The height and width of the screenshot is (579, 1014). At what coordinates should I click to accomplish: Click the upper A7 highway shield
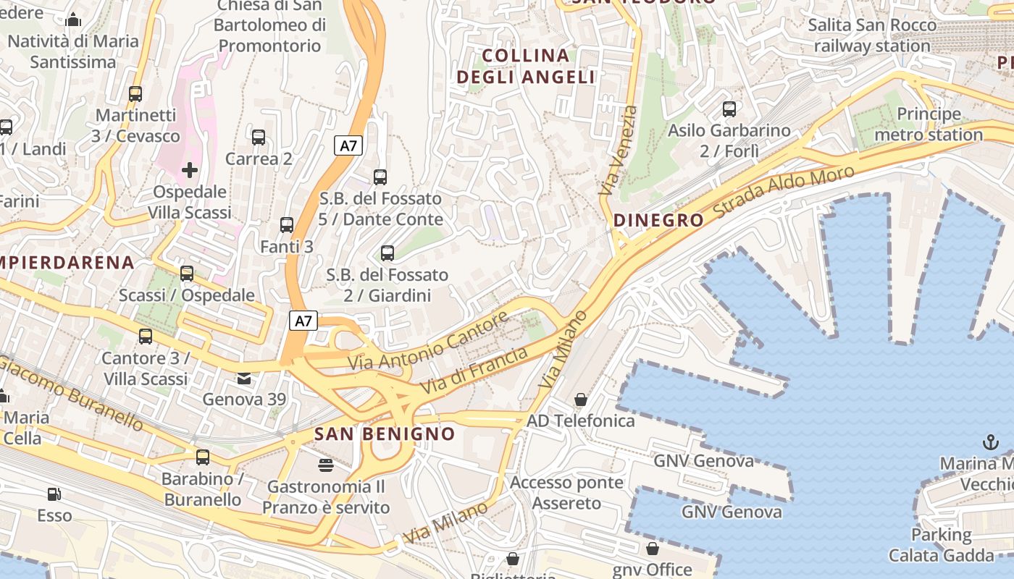coord(349,145)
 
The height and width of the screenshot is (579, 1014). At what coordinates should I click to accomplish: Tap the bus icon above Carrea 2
coord(259,137)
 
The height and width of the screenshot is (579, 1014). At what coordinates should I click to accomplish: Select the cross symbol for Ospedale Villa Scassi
coord(190,170)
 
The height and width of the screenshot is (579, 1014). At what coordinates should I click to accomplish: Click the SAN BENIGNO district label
coord(385,434)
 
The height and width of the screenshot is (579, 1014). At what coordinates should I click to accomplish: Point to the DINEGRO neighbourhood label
coord(658,220)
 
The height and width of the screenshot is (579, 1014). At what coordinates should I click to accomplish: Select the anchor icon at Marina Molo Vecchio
coord(990,441)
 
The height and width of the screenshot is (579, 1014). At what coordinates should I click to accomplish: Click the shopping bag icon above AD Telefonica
coord(580,400)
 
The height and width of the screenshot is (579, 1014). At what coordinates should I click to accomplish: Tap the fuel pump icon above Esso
coord(54,494)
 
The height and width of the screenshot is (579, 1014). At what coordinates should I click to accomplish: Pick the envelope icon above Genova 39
coord(244,378)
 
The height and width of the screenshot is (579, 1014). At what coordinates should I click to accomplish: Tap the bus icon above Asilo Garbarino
coord(729,109)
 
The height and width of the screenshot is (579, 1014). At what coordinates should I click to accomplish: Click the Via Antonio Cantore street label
coord(428,341)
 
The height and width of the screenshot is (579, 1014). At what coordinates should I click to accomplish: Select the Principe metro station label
coord(929,124)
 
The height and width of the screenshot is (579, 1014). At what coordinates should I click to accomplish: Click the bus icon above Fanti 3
coord(287,225)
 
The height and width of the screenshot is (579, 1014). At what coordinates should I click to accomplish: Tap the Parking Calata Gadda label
coord(941,545)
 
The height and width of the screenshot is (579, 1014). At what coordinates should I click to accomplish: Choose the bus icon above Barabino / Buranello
coord(203,457)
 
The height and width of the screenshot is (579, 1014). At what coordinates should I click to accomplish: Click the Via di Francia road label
coord(474,371)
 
